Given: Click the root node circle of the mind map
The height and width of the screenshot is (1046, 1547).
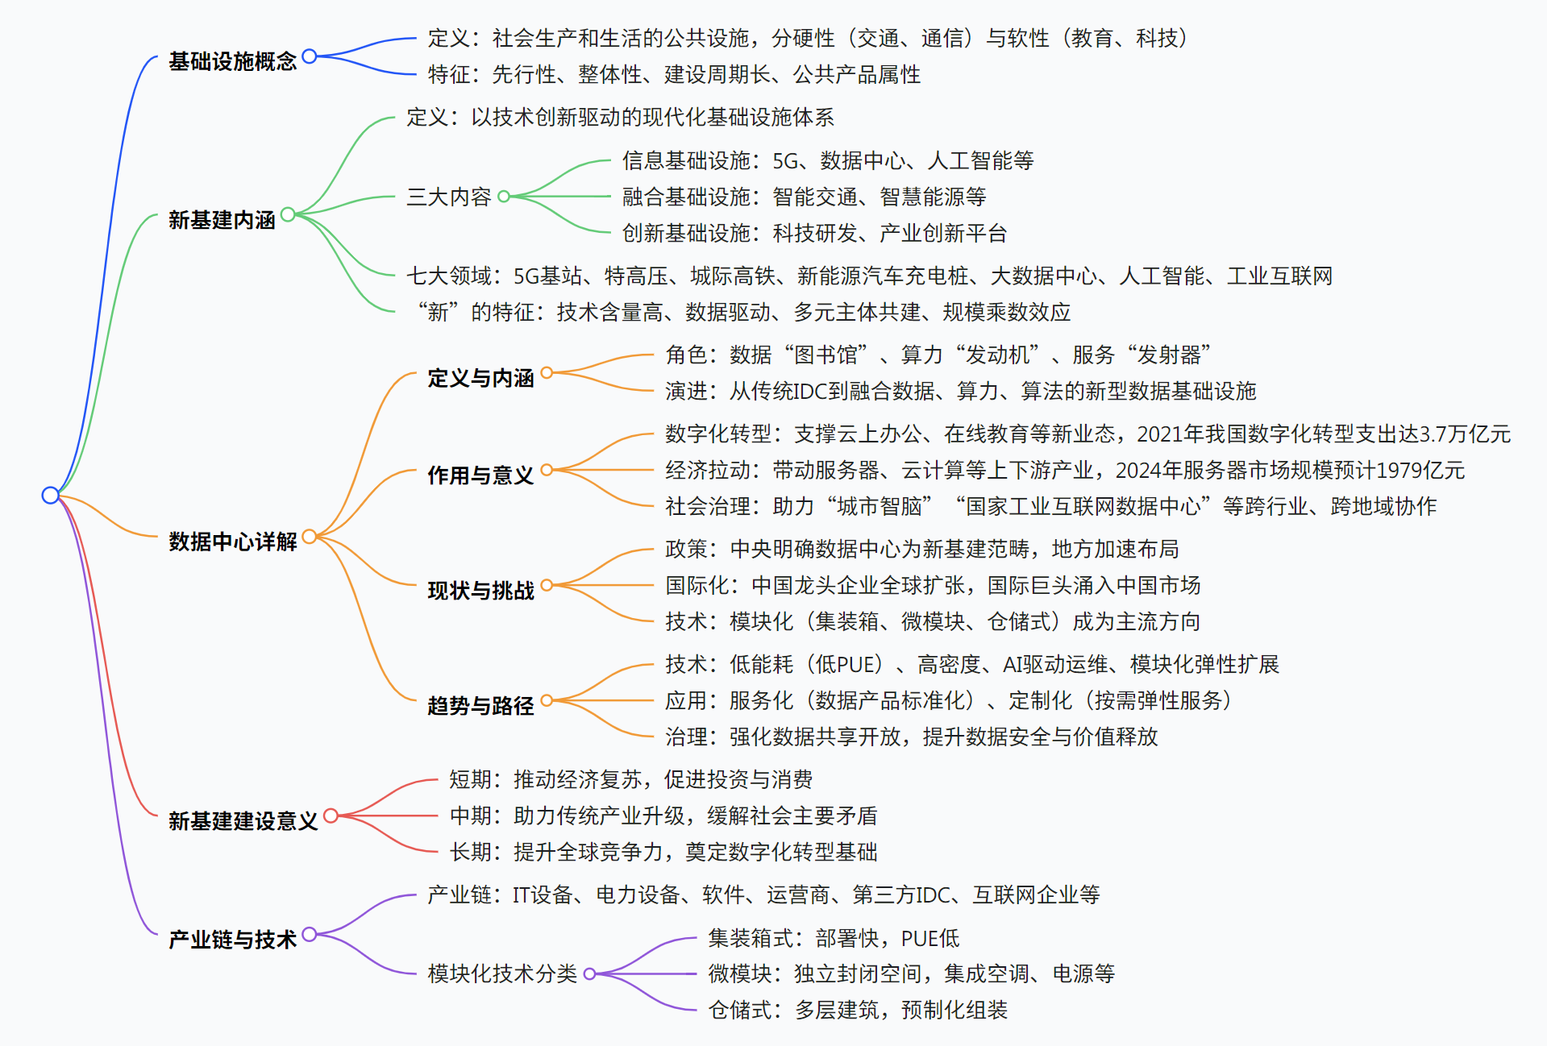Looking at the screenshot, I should pyautogui.click(x=50, y=495).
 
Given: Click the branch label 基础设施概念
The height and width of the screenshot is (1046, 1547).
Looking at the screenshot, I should pyautogui.click(x=232, y=61).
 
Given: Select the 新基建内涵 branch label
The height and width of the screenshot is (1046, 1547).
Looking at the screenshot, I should pyautogui.click(x=222, y=220).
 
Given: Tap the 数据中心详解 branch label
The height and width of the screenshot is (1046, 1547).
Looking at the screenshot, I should pyautogui.click(x=232, y=542).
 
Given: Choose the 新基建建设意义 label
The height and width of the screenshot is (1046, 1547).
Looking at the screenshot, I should pyautogui.click(x=243, y=821).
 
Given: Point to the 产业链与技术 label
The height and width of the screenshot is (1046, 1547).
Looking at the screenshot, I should pyautogui.click(x=232, y=940).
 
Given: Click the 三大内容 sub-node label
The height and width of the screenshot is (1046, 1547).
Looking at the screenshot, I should pyautogui.click(x=448, y=197).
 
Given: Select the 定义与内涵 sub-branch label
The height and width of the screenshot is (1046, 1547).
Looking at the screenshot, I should pyautogui.click(x=480, y=378).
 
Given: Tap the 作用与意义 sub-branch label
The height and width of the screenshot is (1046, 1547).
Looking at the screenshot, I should pyautogui.click(x=480, y=475).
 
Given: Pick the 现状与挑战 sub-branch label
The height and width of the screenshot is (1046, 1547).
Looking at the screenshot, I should pyautogui.click(x=480, y=591).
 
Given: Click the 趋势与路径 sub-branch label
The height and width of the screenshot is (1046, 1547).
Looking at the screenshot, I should pyautogui.click(x=480, y=706).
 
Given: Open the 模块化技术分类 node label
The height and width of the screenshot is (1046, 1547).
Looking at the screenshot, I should pyautogui.click(x=501, y=974).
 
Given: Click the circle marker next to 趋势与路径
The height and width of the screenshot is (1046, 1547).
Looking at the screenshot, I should pyautogui.click(x=547, y=700).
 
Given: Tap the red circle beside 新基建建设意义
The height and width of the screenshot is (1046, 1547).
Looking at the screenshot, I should pyautogui.click(x=330, y=816).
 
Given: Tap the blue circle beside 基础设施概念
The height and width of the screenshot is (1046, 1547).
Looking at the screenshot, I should pyautogui.click(x=309, y=56).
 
